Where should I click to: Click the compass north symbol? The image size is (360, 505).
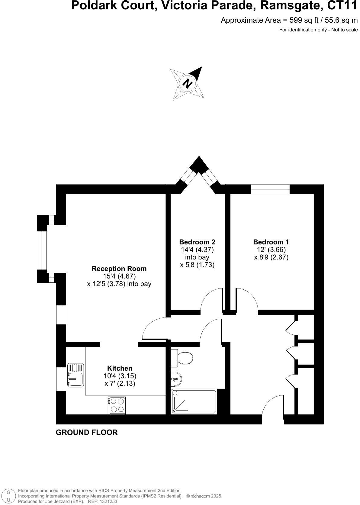tap(188, 83)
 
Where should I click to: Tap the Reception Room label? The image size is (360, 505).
tap(119, 269)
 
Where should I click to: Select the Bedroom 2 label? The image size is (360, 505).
tap(197, 242)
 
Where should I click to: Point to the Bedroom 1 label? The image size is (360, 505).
tap(271, 242)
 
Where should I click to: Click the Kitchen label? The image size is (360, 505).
tap(120, 368)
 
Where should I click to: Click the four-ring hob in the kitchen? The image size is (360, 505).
tap(117, 405)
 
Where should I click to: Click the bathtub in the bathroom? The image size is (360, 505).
tap(194, 402)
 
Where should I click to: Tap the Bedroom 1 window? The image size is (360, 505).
tap(270, 189)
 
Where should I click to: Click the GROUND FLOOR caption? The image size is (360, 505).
tap(87, 433)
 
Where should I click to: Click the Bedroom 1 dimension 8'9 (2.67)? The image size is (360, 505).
tap(271, 257)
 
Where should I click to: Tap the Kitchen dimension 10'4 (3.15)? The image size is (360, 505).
tap(120, 376)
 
